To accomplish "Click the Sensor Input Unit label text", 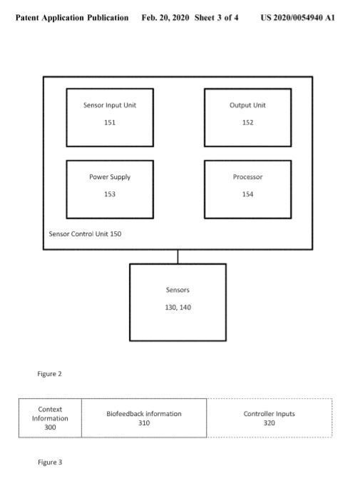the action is click(110, 105).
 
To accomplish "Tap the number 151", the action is click(110, 123).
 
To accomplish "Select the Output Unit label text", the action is click(247, 105).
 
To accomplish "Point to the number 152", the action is click(247, 123).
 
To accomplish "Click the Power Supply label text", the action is click(110, 177).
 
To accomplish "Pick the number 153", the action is click(110, 194).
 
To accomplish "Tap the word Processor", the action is click(247, 177).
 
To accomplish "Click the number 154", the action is click(247, 194).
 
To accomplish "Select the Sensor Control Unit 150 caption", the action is click(85, 234).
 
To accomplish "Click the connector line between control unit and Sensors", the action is click(178, 257).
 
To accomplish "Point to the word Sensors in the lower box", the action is click(178, 290).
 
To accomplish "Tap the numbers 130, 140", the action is click(178, 307).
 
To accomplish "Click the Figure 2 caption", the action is click(49, 374).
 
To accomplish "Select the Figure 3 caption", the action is click(50, 462).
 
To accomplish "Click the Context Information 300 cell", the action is click(50, 418).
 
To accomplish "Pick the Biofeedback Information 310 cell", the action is click(144, 418).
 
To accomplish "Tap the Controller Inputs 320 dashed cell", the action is click(269, 418).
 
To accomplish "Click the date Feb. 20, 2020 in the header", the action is click(165, 18).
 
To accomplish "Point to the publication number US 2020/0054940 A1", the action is click(297, 18).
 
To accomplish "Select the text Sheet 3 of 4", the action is click(216, 18).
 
